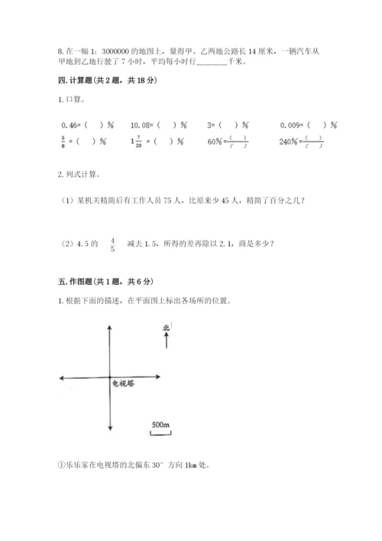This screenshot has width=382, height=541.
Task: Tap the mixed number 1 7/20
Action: coord(137,141)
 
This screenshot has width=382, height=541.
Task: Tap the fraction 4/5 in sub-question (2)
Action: coord(112,244)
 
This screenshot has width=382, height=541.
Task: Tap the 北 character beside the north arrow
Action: coord(166,329)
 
